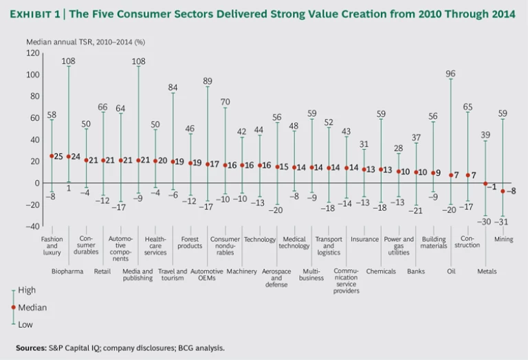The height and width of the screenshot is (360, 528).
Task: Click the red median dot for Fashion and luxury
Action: [52, 156]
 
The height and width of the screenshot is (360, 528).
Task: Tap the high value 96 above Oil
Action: [451, 74]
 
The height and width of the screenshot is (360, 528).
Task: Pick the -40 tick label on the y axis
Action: [31, 226]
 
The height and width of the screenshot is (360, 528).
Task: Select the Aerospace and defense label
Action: [276, 278]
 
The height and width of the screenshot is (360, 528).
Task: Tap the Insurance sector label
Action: [364, 240]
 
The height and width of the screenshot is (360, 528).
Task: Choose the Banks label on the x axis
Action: [416, 271]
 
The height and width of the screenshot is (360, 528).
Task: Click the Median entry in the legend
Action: [32, 308]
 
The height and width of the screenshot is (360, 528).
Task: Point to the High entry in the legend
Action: [27, 291]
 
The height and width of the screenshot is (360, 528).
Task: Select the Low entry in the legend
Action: [26, 324]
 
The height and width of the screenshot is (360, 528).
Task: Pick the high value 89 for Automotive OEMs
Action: [207, 81]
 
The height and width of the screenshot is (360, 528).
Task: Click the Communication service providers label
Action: [346, 280]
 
